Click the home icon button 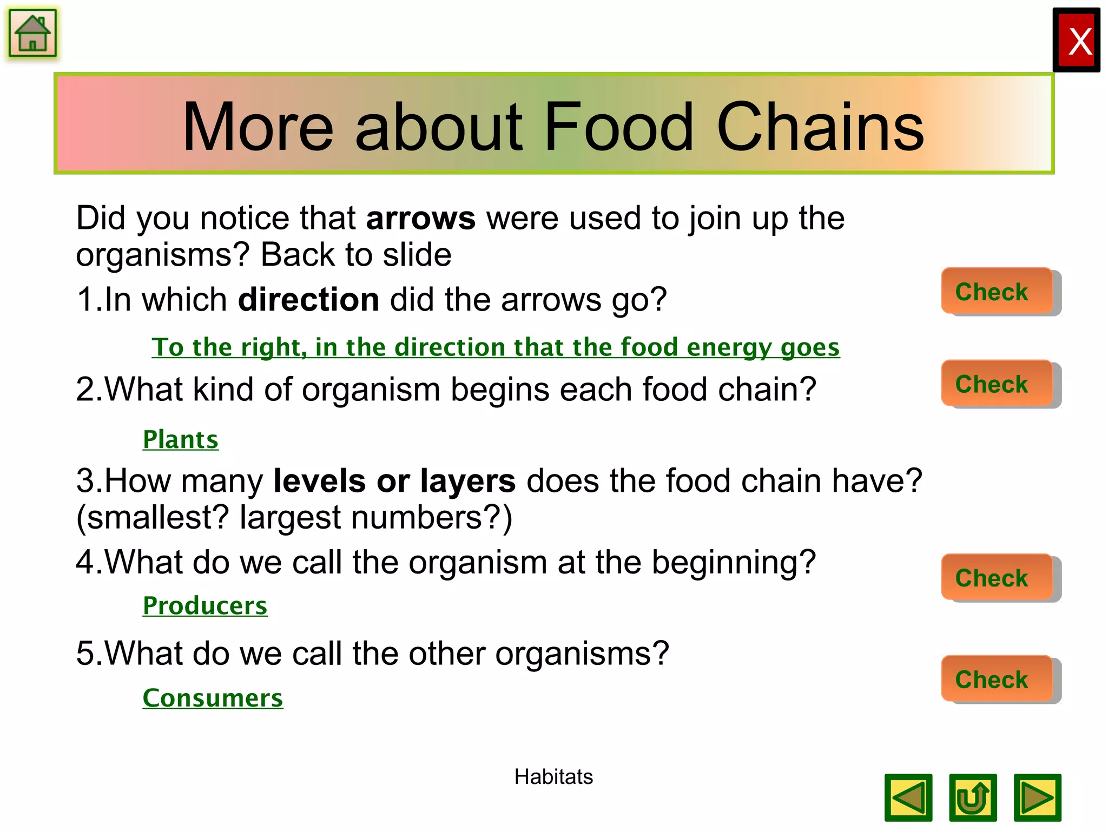32,34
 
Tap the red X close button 1076,41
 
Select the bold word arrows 420,219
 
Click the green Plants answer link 181,439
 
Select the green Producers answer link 205,605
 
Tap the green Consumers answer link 213,698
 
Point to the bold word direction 308,300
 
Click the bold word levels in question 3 319,481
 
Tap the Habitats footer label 553,777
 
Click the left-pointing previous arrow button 908,797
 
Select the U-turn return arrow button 973,797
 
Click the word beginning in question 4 733,563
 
